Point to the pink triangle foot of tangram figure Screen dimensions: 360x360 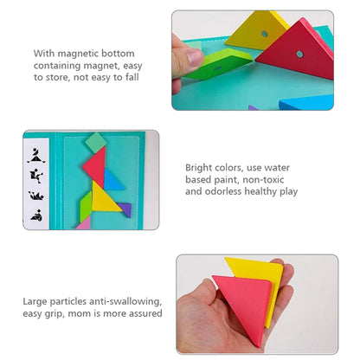(x=84, y=222)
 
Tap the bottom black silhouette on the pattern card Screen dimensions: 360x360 (x=36, y=212)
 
